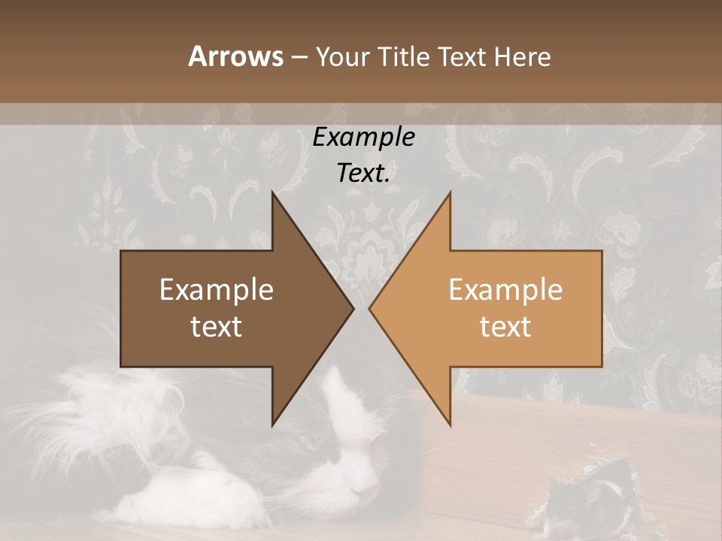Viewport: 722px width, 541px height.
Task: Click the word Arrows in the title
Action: tap(236, 56)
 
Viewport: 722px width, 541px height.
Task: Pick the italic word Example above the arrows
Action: tap(363, 138)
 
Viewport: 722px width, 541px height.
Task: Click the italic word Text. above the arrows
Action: tap(363, 174)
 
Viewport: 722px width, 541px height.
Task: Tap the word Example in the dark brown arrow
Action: tap(216, 290)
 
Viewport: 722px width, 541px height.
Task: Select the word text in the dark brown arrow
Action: tap(216, 327)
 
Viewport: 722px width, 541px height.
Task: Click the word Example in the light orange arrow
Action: tap(505, 290)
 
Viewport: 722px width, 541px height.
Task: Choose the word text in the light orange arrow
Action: tap(505, 327)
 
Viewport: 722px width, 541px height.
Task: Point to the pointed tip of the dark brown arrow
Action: tap(353, 308)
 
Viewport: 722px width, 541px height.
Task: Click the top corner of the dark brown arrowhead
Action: tap(273, 192)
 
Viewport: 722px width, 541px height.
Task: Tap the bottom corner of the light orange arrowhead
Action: tap(450, 425)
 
